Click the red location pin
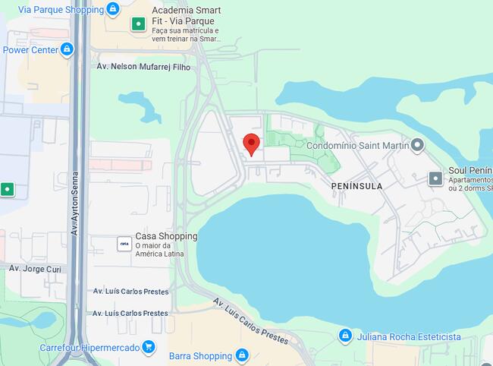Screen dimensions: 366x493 point(251,143)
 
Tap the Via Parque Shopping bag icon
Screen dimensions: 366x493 point(113,9)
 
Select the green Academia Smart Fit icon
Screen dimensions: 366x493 point(138,24)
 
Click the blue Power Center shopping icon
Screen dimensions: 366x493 point(67,50)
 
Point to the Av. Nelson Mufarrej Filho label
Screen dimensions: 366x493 point(143,67)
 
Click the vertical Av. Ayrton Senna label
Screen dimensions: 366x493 point(75,201)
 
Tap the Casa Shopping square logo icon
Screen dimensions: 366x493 point(124,244)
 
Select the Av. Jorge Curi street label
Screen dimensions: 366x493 point(35,268)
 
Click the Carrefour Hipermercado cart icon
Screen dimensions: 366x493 point(149,348)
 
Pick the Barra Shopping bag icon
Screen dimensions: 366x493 point(242,355)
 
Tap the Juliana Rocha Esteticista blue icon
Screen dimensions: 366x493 point(345,336)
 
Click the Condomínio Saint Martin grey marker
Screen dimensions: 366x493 point(417,145)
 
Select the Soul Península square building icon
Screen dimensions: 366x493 point(435,178)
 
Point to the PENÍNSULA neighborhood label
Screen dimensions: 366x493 point(356,185)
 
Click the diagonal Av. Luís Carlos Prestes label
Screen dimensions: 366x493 point(251,321)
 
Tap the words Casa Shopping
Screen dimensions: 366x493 point(166,236)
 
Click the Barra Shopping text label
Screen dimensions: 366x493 point(200,356)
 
